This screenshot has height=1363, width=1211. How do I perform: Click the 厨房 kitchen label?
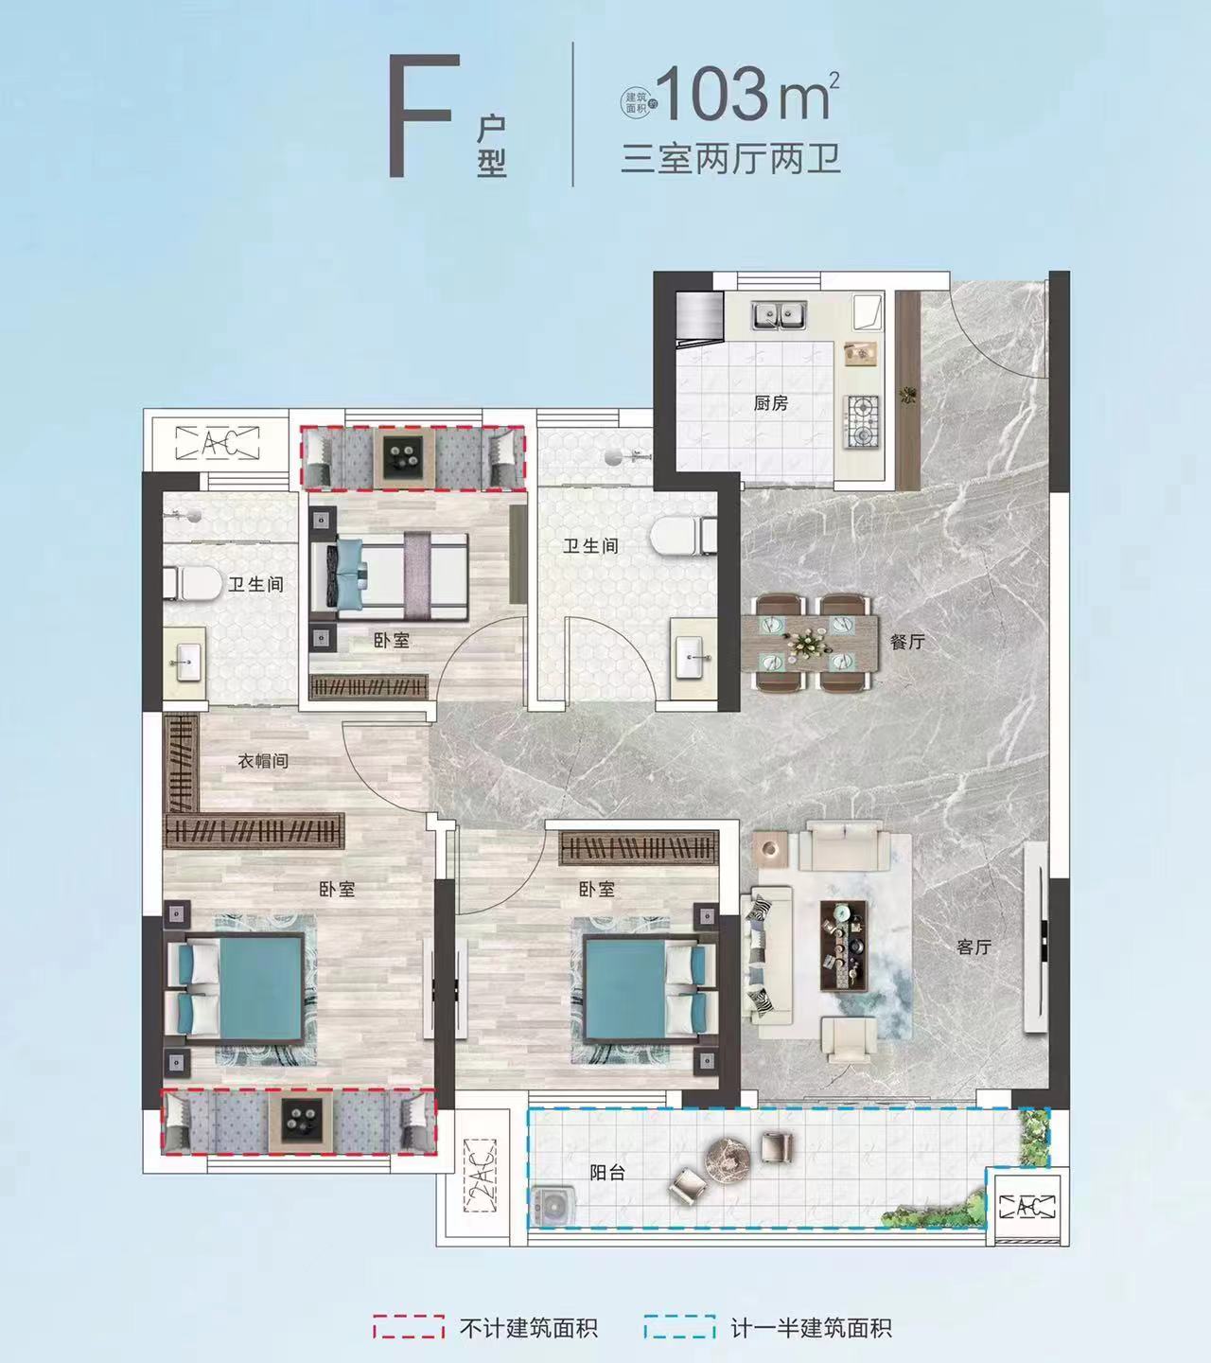click(771, 403)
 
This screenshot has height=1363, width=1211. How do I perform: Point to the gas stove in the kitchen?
click(862, 422)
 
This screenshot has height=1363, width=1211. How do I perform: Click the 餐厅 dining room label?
click(906, 642)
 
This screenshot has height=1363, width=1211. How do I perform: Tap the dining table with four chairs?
click(804, 642)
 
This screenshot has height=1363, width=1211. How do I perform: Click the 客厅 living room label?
click(974, 946)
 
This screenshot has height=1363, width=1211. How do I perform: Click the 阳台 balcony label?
click(607, 1172)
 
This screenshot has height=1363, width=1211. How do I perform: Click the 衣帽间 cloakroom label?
click(263, 760)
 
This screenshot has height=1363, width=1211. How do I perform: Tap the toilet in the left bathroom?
click(193, 583)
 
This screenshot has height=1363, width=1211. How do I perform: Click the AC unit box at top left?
click(218, 441)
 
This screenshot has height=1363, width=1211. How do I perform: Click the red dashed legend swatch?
click(408, 1327)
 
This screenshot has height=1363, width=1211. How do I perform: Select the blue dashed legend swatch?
click(678, 1327)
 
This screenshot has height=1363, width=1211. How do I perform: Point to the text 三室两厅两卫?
click(730, 158)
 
